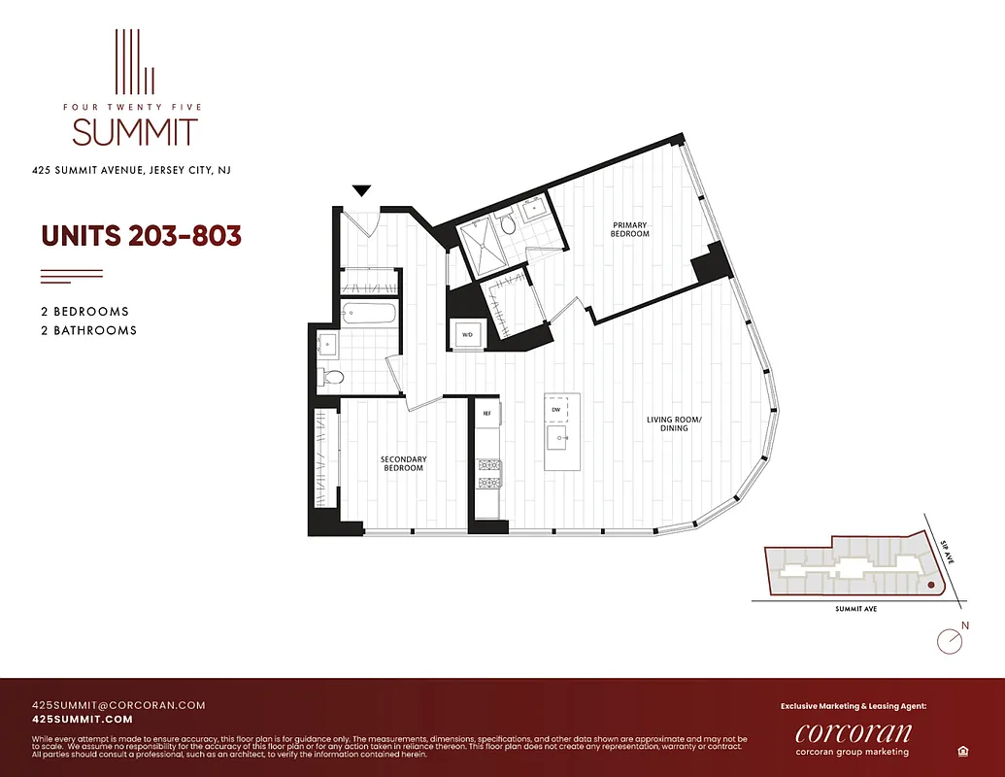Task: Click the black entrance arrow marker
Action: point(362,191)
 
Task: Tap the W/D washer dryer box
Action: point(466,333)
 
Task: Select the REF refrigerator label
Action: point(486,414)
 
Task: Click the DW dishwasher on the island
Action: point(556,410)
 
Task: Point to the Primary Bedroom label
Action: point(629,229)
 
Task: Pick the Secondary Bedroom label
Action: point(403,463)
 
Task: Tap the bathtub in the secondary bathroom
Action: point(369,314)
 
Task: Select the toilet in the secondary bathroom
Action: point(333,377)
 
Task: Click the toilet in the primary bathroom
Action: point(507,222)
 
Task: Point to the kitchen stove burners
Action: point(486,472)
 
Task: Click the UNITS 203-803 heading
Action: point(141,236)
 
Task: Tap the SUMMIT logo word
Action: point(135,132)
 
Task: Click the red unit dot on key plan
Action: point(930,586)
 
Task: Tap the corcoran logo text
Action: point(853,732)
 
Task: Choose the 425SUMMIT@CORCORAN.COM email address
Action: point(118,705)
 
